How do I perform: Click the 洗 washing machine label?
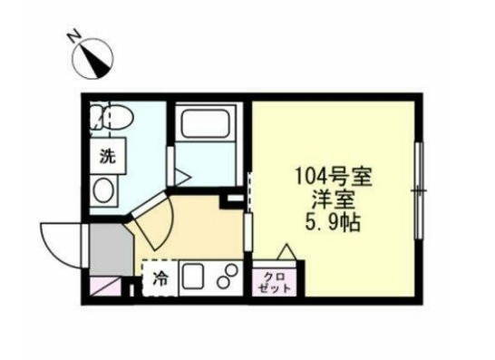(x=108, y=155)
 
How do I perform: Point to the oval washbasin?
(x=105, y=190)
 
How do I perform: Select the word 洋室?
(x=327, y=198)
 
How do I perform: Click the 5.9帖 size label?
(x=327, y=220)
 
